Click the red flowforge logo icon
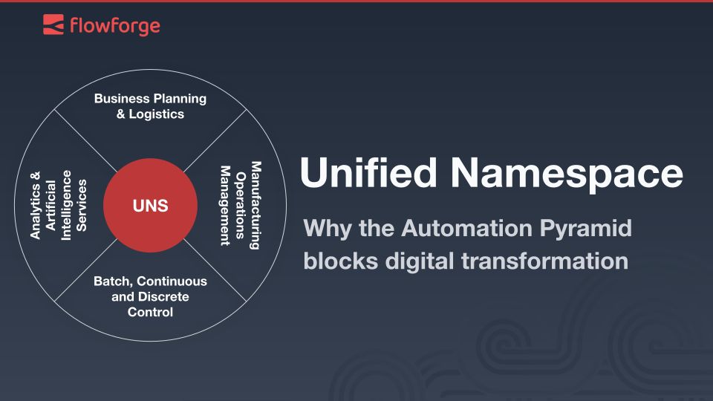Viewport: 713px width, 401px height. [53, 25]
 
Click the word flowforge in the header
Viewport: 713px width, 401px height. [114, 26]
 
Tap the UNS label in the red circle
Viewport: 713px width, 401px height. [150, 206]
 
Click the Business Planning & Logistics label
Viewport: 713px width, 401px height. [150, 106]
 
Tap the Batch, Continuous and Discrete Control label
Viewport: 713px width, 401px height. [150, 297]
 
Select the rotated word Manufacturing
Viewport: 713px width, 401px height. [255, 205]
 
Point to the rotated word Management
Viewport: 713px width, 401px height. [224, 205]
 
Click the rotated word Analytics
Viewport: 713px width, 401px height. [35, 205]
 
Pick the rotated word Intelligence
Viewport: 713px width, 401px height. [67, 205]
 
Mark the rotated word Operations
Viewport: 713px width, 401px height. [240, 205]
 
